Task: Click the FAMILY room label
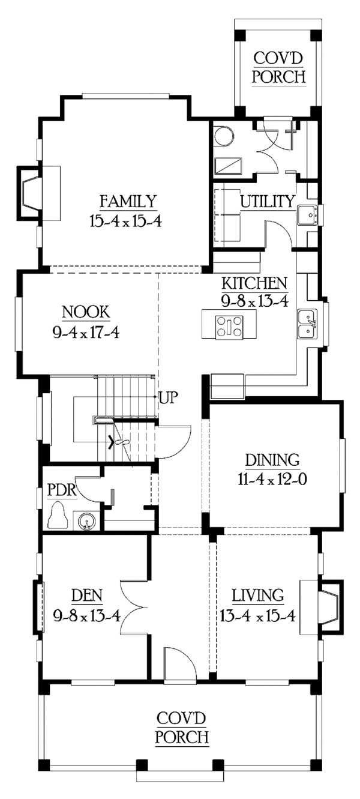[x=128, y=201]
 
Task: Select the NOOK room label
[x=86, y=312]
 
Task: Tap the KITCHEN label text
[x=254, y=282]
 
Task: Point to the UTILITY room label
[x=267, y=201]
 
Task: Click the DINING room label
[x=272, y=460]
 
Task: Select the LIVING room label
[x=258, y=595]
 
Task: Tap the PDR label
[x=61, y=489]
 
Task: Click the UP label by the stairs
[x=166, y=397]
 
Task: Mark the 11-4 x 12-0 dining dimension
[x=272, y=480]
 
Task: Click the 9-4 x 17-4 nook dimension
[x=86, y=331]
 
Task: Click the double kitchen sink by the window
[x=308, y=324]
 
